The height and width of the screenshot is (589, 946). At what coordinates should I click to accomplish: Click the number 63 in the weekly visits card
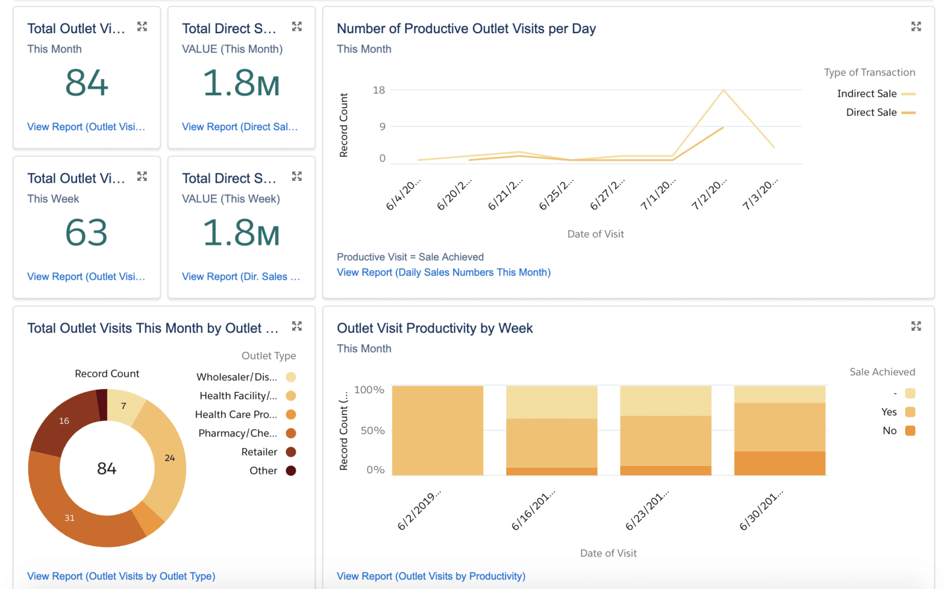point(87,232)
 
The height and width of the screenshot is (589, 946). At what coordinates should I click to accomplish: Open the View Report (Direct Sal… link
point(239,127)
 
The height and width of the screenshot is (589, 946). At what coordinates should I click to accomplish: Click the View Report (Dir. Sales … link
point(241,276)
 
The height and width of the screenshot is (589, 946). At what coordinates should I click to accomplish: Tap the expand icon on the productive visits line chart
point(916,27)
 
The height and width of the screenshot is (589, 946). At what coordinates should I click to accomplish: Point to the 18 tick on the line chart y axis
point(378,90)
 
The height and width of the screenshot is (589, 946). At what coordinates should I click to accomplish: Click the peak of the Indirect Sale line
point(723,90)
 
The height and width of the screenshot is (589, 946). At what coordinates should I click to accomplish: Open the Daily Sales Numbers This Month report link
point(443,272)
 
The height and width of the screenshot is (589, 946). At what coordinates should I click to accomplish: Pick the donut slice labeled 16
point(64,421)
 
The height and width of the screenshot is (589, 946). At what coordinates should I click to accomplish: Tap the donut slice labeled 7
point(124,406)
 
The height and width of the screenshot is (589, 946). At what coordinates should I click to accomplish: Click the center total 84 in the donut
point(106,468)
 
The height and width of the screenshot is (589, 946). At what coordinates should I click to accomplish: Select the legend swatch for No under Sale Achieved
point(910,431)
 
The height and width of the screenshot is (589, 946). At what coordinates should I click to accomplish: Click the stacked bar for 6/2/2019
point(438,431)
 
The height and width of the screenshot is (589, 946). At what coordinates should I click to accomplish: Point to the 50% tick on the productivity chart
point(372,431)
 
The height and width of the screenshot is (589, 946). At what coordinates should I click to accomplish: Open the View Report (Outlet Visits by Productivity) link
point(431,576)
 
